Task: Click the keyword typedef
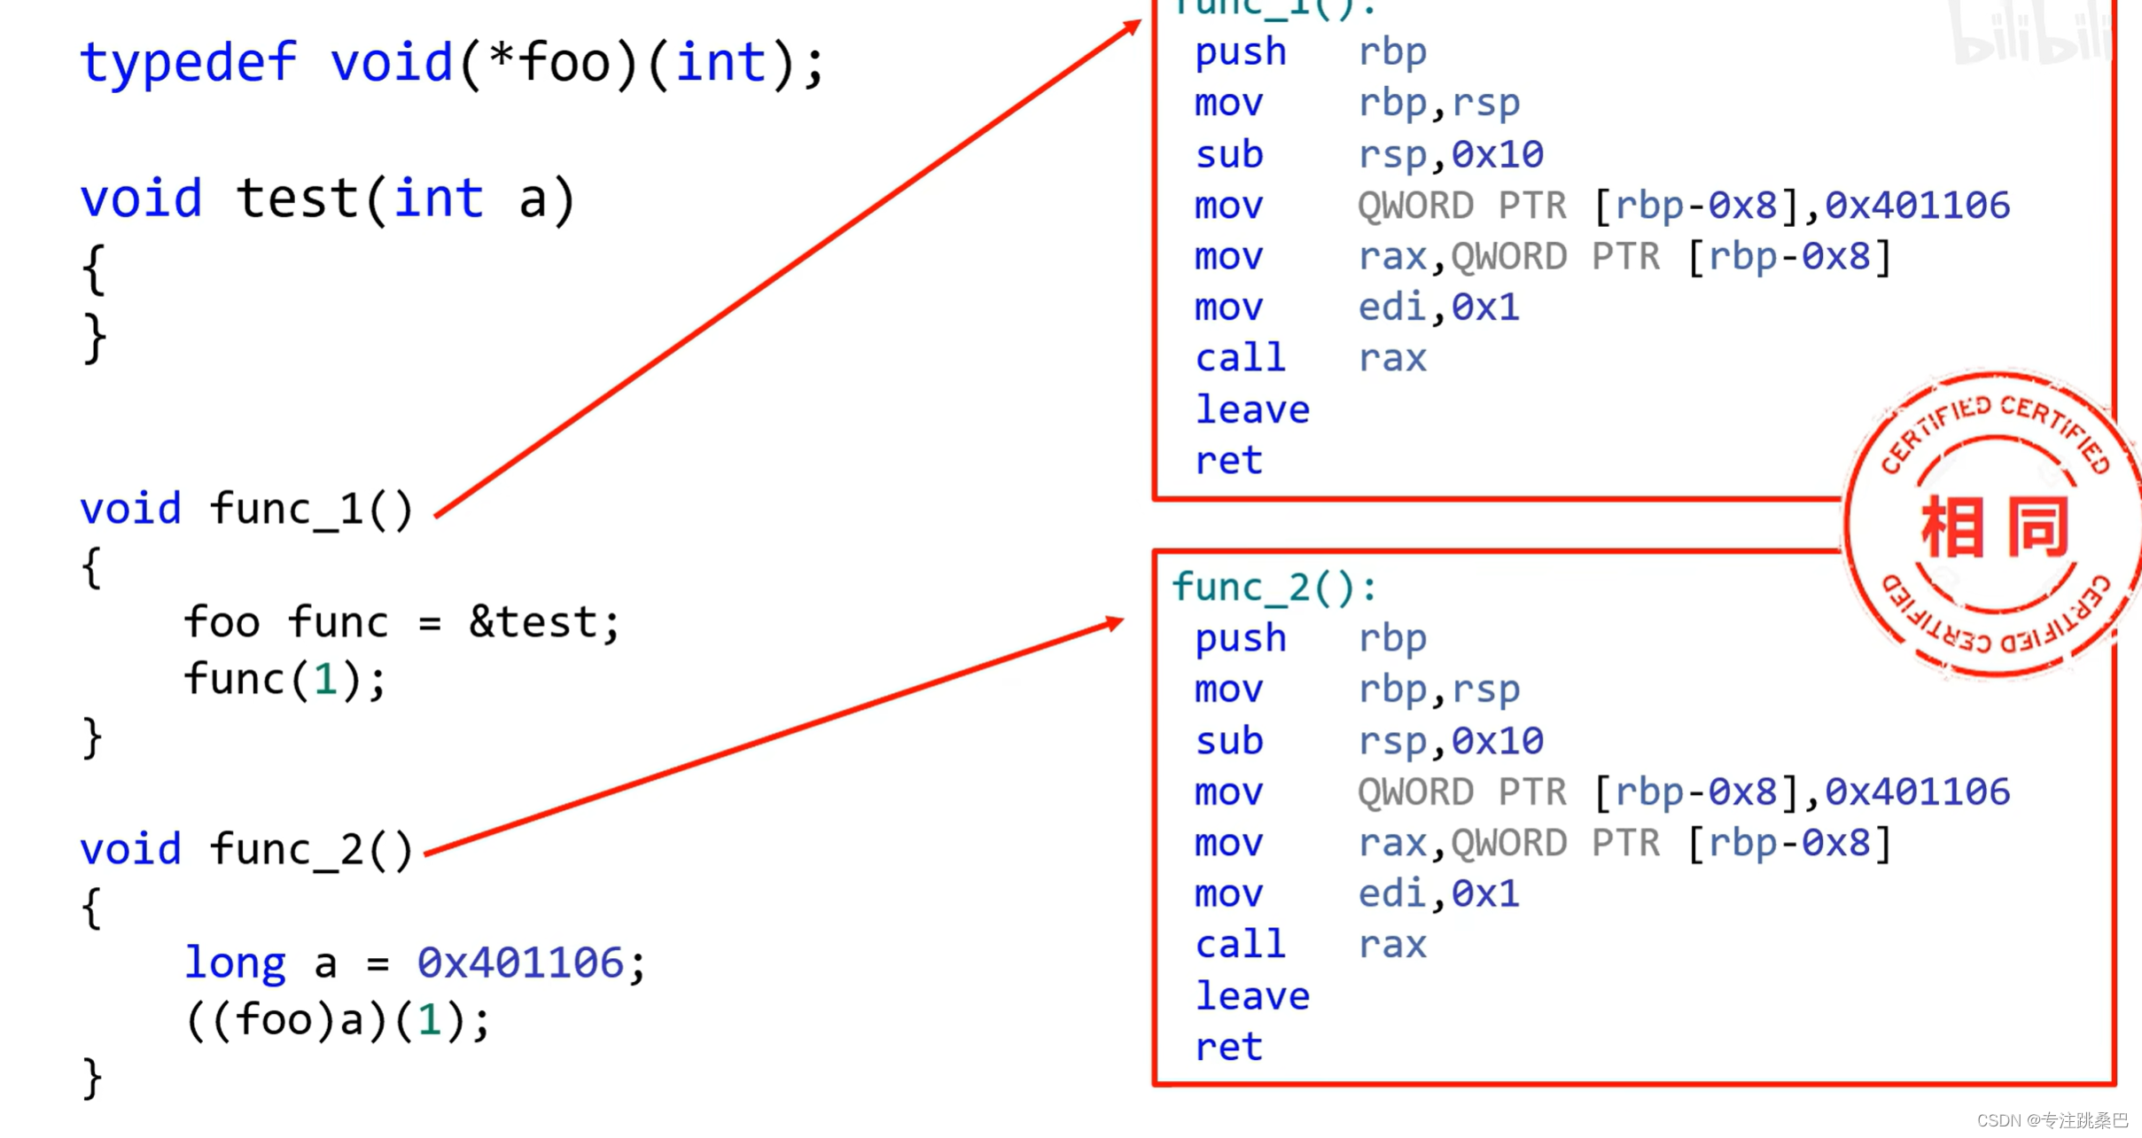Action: coord(188,64)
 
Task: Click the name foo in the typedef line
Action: coord(564,64)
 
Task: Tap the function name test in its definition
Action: coord(297,199)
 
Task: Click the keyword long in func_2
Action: coord(235,963)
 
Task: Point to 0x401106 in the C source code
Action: coord(520,963)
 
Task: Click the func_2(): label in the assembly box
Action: coord(1274,588)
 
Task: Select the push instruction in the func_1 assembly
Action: coord(1240,52)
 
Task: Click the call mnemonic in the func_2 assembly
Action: coord(1240,946)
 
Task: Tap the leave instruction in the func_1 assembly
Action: coord(1251,410)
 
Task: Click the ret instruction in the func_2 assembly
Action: coord(1228,1048)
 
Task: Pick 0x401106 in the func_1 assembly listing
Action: coord(1917,206)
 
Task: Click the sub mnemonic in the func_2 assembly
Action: coord(1228,741)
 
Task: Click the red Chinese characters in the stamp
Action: coord(1994,528)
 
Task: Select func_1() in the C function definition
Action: coord(311,510)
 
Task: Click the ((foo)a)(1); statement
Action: coord(337,1021)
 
